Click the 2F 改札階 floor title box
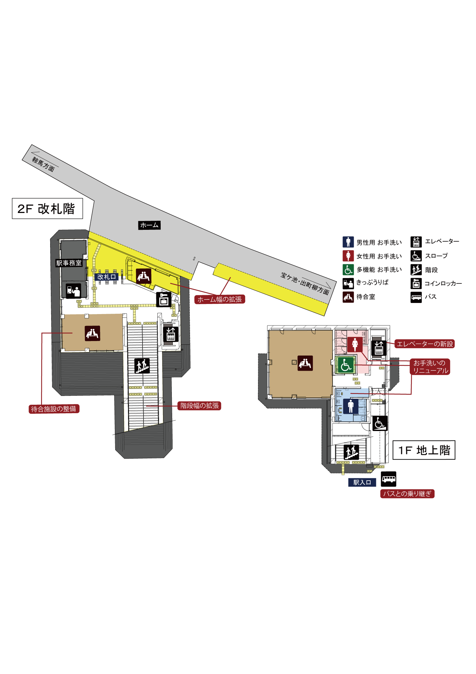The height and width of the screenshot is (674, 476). coord(47,209)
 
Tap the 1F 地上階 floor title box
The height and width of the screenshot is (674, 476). coord(424,450)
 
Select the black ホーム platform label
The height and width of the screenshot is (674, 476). coord(149,225)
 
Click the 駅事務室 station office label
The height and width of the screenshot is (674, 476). coord(69,263)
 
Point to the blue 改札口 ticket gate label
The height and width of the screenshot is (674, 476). coord(106,277)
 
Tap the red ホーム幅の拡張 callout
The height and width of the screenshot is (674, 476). coord(220,299)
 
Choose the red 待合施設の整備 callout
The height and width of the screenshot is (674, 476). coord(54,409)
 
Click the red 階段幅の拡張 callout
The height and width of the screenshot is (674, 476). coord(199,405)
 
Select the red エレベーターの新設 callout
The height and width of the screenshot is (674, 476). coord(424,344)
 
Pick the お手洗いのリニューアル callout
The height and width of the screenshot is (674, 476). coord(430,367)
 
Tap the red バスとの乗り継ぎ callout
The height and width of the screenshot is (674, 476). coord(407,494)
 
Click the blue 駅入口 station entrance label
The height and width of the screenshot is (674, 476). coord(362,482)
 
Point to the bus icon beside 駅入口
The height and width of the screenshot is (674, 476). coord(388,479)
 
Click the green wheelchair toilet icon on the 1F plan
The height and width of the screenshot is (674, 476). coord(346,365)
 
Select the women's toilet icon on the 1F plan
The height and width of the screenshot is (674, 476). coord(355,344)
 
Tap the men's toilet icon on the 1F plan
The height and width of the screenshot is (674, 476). coord(350,406)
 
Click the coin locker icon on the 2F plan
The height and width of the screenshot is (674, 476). coord(164,299)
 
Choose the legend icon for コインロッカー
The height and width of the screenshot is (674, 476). coord(416,283)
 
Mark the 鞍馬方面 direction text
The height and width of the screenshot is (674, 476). coord(43,164)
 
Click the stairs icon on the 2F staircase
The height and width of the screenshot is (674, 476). coord(142,366)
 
